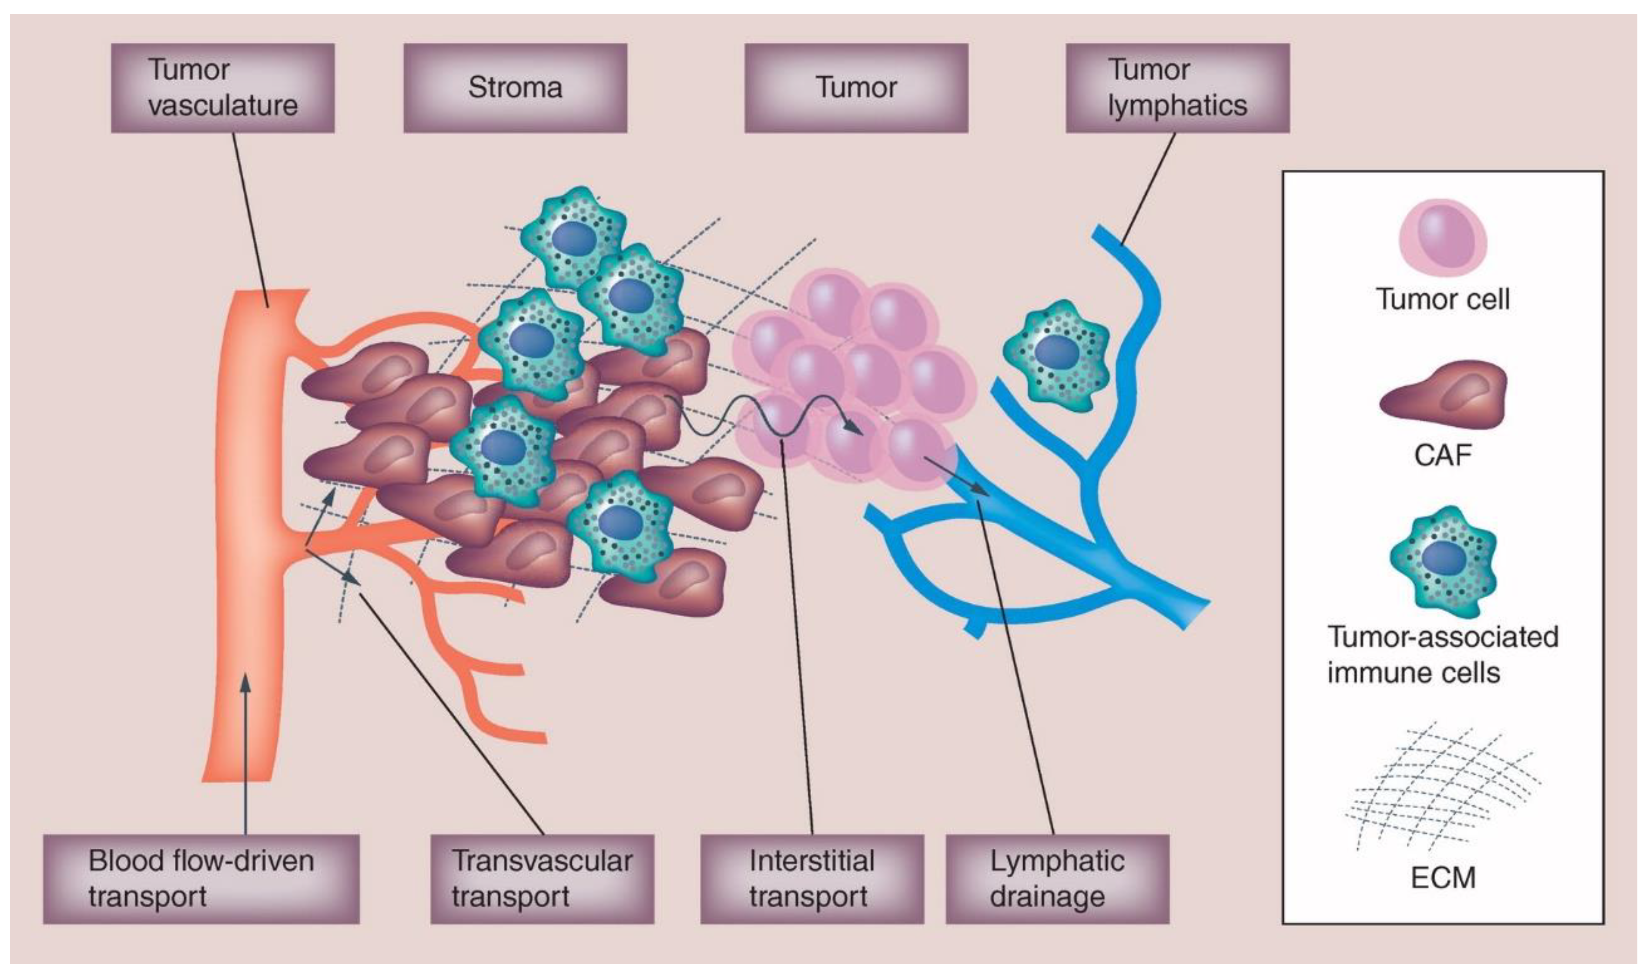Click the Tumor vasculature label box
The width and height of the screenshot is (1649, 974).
pos(223,88)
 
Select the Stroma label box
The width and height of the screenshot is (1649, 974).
pos(515,88)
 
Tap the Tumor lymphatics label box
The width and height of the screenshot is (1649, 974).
pos(1177,88)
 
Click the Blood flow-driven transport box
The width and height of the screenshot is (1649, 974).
pos(201,879)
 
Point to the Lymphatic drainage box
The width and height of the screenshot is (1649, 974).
pos(1057,879)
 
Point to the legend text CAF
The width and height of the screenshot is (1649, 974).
pos(1443,455)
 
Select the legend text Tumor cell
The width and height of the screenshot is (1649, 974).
pos(1443,300)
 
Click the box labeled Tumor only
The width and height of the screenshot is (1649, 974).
pos(855,88)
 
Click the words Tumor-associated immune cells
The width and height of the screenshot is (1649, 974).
pos(1443,654)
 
